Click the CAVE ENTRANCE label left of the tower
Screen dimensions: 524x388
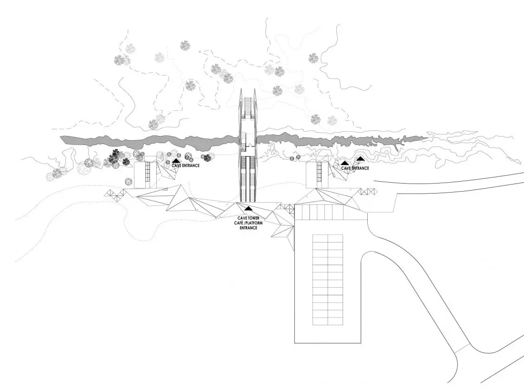click(185, 165)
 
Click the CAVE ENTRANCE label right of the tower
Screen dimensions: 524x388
click(355, 168)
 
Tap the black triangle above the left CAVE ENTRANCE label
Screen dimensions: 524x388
click(176, 161)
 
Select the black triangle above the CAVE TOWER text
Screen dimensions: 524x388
click(248, 208)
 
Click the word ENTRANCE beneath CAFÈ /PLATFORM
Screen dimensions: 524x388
click(248, 228)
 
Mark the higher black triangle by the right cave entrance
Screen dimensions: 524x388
click(360, 158)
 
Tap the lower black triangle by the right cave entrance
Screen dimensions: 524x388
click(344, 163)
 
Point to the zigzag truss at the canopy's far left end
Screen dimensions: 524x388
click(114, 194)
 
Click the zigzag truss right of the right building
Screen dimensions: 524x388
click(366, 192)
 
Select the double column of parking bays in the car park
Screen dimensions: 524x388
click(328, 280)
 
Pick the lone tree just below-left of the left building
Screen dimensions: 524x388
click(128, 182)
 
